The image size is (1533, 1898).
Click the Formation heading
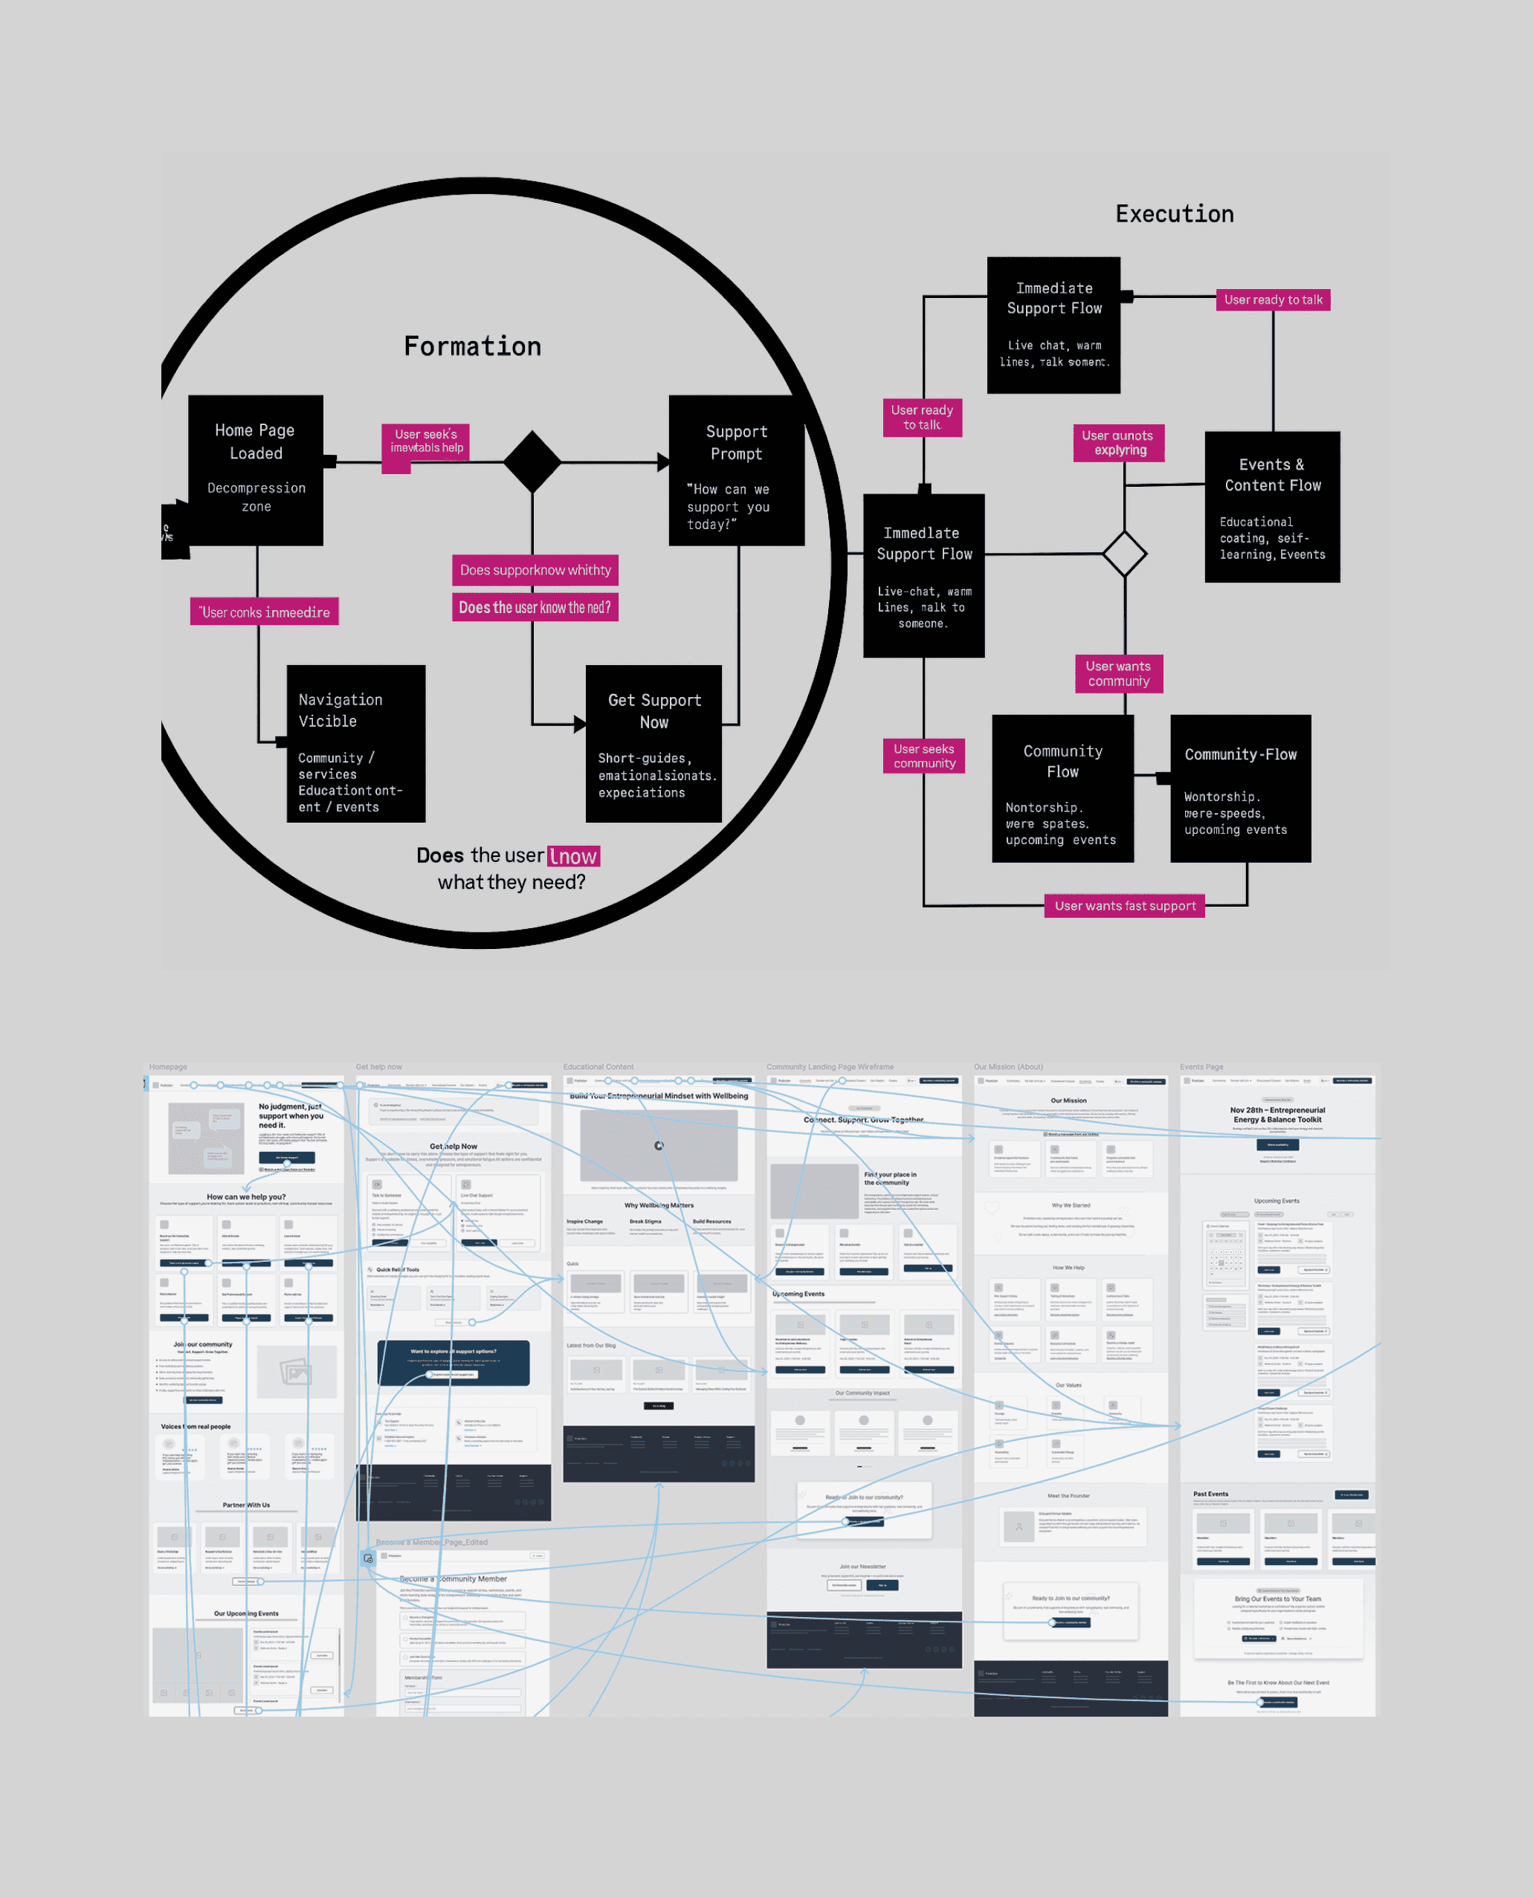pyautogui.click(x=472, y=346)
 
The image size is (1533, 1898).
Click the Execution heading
pyautogui.click(x=1175, y=213)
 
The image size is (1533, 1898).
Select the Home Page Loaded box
pyautogui.click(x=255, y=470)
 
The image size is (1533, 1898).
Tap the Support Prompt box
pyautogui.click(x=737, y=470)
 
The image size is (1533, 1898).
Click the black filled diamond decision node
pyautogui.click(x=532, y=461)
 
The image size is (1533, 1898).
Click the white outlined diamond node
pyautogui.click(x=1124, y=554)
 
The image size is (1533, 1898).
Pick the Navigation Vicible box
pyautogui.click(x=356, y=743)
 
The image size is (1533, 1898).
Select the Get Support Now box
pyautogui.click(x=653, y=743)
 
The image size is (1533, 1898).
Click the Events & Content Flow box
pyautogui.click(x=1273, y=507)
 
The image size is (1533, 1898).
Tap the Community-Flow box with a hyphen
pyautogui.click(x=1240, y=788)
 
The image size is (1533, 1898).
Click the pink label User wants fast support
pyautogui.click(x=1124, y=906)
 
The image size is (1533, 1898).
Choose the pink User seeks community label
pyautogui.click(x=923, y=756)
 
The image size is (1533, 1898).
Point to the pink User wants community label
pyautogui.click(x=1118, y=673)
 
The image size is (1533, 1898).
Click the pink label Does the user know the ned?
pyautogui.click(x=535, y=607)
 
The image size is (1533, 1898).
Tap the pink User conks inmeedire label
pyautogui.click(x=264, y=612)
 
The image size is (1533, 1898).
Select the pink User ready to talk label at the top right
pyautogui.click(x=1273, y=300)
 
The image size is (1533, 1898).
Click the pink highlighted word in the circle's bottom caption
pyautogui.click(x=573, y=856)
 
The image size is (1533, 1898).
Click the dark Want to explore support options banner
pyautogui.click(x=453, y=1362)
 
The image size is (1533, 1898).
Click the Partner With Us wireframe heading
pyautogui.click(x=246, y=1505)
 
